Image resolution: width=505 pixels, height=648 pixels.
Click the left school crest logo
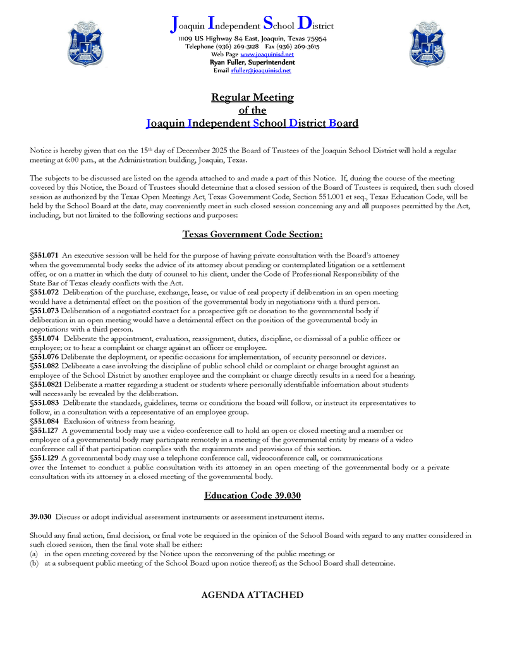point(85,44)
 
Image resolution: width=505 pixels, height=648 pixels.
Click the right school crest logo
point(427,44)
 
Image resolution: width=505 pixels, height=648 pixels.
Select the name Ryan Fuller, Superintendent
point(252,63)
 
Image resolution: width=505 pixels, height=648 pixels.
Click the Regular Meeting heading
point(252,97)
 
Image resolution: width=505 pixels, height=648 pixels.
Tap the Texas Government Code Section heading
point(252,235)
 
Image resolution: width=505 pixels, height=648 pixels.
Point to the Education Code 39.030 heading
point(252,495)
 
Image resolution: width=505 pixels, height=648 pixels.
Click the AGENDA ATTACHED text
point(252,595)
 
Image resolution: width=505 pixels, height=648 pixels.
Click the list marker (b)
point(34,563)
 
